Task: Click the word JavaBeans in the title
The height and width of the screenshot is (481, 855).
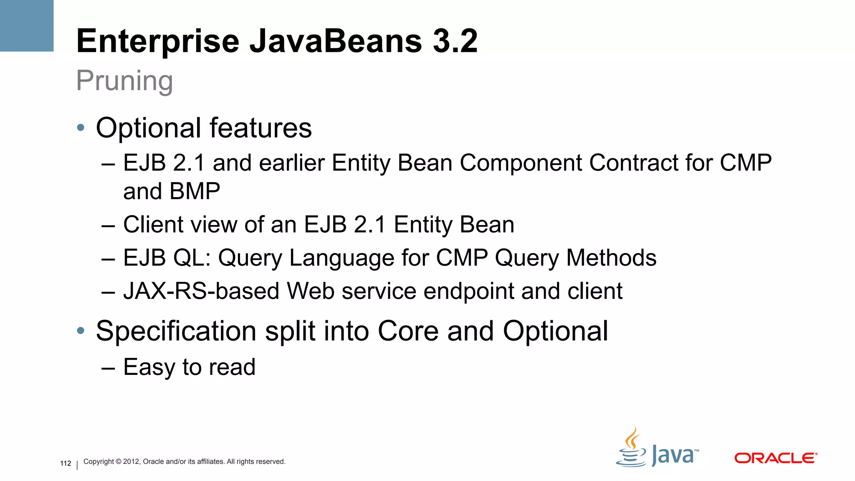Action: tap(336, 41)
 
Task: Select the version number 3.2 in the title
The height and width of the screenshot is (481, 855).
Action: tap(455, 41)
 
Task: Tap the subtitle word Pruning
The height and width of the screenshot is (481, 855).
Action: tap(124, 81)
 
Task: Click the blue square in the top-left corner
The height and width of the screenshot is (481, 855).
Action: tap(27, 25)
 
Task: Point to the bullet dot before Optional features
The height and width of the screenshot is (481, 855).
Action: tap(81, 127)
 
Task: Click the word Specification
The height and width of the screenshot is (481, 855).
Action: tap(176, 331)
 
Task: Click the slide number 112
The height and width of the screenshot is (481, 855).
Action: tap(66, 463)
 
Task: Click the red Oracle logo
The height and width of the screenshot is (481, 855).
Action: tap(775, 458)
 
